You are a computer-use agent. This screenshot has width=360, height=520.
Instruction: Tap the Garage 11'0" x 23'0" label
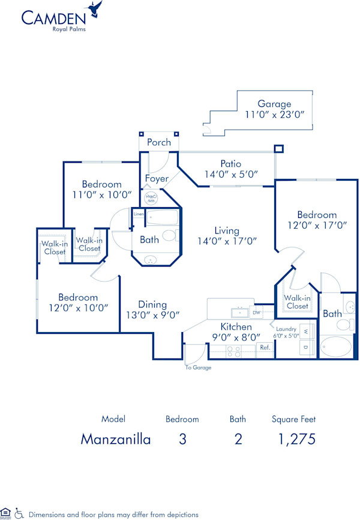274,109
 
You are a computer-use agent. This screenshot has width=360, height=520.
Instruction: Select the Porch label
159,142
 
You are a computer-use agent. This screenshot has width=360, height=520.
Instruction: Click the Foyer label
157,178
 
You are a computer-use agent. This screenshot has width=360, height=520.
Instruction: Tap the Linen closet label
139,214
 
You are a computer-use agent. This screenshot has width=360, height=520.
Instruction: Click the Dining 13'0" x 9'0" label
152,309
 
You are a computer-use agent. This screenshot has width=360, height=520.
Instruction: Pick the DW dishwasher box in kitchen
256,312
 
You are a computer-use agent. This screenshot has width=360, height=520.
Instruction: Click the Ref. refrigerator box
264,347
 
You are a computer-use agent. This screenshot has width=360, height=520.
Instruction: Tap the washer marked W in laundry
305,331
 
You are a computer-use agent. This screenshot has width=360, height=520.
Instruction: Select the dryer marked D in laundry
305,348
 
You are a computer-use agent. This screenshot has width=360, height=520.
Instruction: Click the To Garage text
198,367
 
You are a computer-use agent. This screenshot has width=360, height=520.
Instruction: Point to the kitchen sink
239,312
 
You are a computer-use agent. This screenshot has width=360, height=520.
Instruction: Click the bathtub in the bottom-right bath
338,347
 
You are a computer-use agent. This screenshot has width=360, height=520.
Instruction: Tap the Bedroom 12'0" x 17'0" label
317,220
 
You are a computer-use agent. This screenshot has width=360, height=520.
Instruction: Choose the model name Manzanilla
116,439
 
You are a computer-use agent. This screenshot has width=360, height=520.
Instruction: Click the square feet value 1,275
293,439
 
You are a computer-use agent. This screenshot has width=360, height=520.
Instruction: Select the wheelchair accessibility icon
20,513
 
